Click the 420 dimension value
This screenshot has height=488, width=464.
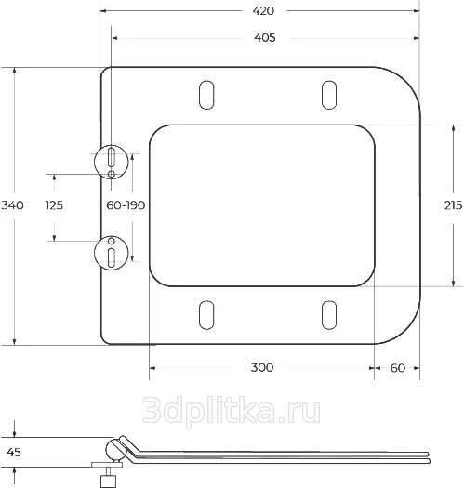[x=263, y=11]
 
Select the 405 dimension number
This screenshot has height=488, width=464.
[x=265, y=38]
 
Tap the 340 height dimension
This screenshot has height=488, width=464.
[x=12, y=205]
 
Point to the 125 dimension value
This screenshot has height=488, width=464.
[x=54, y=205]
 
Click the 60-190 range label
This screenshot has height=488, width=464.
[x=126, y=205]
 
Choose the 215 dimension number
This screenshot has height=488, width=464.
[x=453, y=205]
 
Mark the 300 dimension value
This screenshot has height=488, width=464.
[x=262, y=367]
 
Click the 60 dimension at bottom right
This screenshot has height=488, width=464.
[x=398, y=368]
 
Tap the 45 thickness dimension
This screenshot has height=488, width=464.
[x=13, y=452]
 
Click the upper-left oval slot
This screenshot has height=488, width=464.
[x=206, y=95]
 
